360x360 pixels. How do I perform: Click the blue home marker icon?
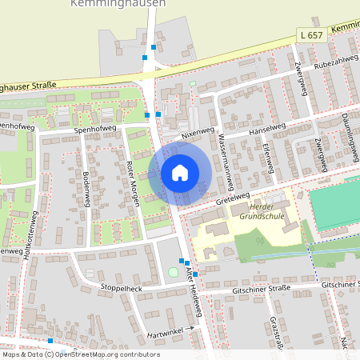(x=180, y=173)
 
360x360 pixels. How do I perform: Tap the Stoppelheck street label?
(x=121, y=287)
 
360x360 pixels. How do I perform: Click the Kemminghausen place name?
(x=118, y=4)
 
